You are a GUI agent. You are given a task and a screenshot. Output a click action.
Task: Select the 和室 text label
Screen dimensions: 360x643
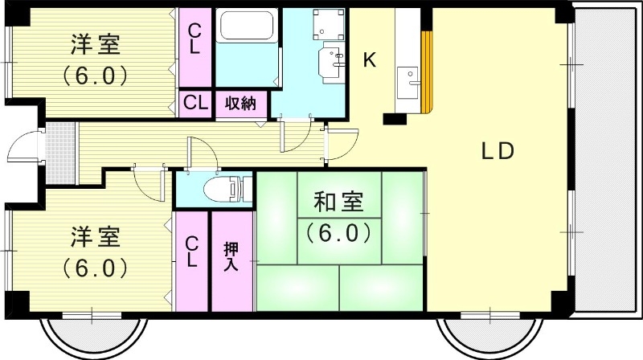point(338,201)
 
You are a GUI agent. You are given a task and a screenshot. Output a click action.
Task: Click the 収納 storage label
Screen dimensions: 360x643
point(240,103)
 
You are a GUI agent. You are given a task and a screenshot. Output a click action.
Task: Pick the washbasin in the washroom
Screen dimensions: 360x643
point(330,61)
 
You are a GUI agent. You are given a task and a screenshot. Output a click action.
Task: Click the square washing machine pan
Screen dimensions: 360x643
point(327,26)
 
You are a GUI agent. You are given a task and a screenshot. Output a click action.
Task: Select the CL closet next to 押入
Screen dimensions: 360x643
point(192,253)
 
